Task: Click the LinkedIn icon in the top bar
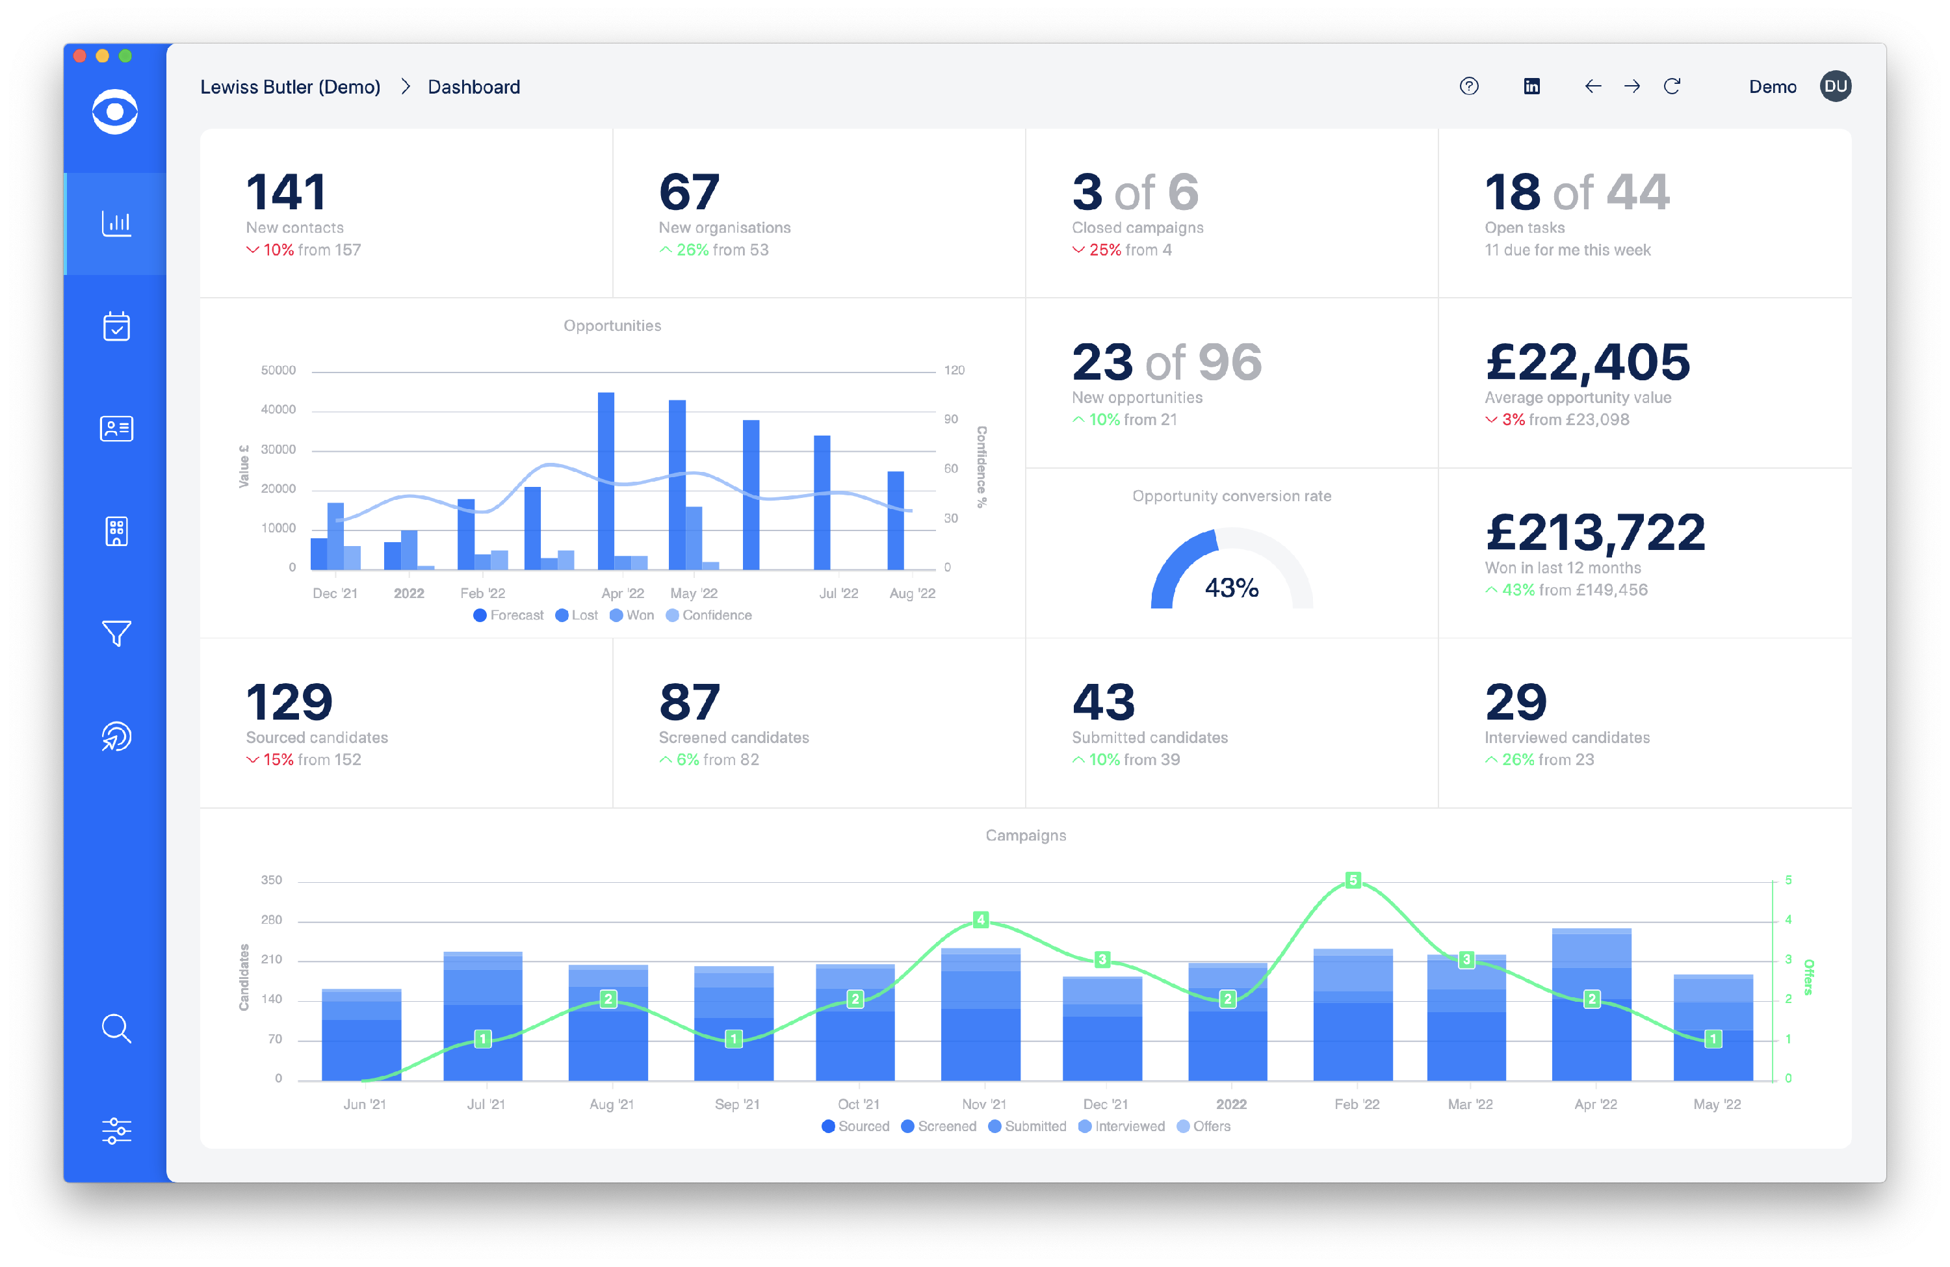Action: pos(1531,86)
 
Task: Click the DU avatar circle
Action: pos(1836,86)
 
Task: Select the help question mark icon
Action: pos(1469,86)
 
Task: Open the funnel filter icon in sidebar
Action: pos(116,633)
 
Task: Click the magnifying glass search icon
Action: pos(116,1028)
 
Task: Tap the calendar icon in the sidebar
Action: pos(116,326)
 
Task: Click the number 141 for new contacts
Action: pos(286,192)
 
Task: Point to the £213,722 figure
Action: pos(1594,532)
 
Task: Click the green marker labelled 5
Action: pos(1353,880)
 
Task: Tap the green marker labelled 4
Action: pos(980,919)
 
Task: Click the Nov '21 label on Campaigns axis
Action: pos(983,1104)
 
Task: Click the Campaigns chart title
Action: pos(1025,835)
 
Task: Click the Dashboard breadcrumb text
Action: pos(474,87)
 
